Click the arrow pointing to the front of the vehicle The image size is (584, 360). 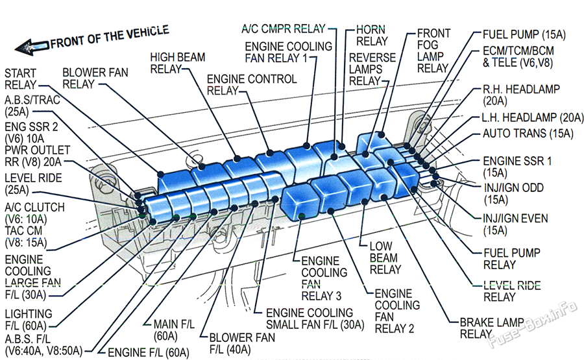[x=32, y=47]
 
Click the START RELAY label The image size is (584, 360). [x=20, y=79]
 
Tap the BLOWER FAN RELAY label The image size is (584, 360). [x=95, y=78]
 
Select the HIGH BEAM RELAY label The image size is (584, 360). [x=177, y=63]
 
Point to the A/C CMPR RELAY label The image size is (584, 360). [x=284, y=29]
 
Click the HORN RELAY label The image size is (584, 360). [x=372, y=36]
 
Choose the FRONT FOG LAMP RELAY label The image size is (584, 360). [x=433, y=51]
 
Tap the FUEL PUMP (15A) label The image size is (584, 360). [x=524, y=34]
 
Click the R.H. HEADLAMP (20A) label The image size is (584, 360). [x=521, y=95]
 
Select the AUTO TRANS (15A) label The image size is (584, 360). [x=528, y=133]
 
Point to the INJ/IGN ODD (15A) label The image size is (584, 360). [x=514, y=193]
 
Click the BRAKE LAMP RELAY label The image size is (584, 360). [x=492, y=328]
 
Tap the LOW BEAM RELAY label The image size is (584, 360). [x=385, y=258]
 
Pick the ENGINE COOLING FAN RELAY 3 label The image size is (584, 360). [x=324, y=278]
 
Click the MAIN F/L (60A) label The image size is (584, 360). [x=174, y=330]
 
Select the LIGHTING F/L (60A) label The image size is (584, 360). [x=29, y=320]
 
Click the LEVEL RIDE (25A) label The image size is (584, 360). [x=33, y=184]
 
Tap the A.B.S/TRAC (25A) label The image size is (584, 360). [x=32, y=106]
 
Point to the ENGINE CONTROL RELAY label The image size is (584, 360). [x=252, y=85]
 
